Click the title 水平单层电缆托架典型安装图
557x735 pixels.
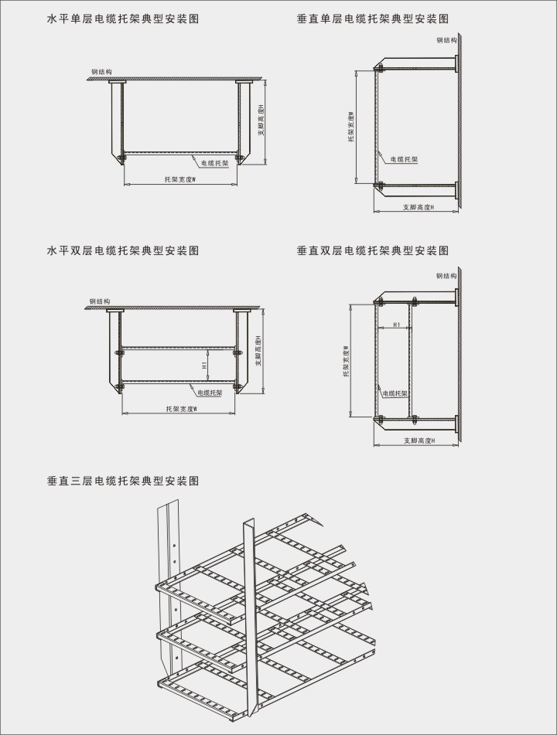coord(123,19)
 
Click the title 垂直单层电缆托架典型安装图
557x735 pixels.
coord(373,19)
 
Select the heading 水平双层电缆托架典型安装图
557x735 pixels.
coord(123,250)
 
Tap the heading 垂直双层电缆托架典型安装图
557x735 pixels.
coord(373,250)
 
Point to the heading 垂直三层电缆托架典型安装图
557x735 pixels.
coord(123,481)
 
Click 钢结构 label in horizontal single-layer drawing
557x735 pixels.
coord(101,72)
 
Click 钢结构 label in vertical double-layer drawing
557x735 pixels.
coord(446,275)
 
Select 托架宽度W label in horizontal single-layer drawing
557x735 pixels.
coord(179,179)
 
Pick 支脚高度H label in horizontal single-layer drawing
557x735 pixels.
coord(261,121)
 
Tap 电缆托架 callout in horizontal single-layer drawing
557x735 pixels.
coord(215,163)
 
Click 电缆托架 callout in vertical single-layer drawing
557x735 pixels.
coord(404,158)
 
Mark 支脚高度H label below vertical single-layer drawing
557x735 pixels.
coord(419,207)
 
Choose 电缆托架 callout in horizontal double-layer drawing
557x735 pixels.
coord(210,393)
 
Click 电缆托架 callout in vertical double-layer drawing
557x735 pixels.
coord(396,393)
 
